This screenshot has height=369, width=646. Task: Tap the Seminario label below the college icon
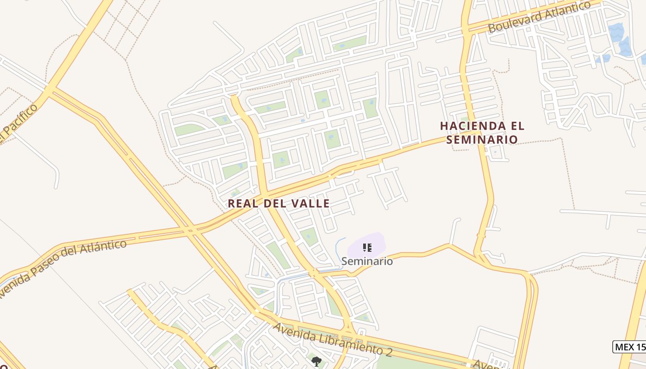367,261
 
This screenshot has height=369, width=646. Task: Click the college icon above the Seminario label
367,248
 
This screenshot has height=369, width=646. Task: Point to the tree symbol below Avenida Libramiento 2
316,361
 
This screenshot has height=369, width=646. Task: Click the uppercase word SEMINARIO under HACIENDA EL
482,139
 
